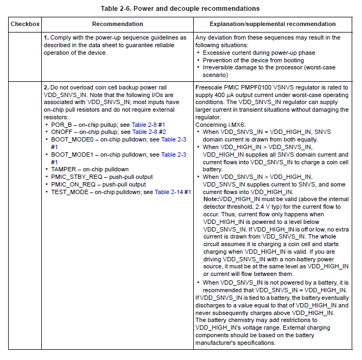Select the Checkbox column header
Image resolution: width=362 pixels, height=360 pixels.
[24, 24]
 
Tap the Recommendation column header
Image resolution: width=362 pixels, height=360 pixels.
[117, 24]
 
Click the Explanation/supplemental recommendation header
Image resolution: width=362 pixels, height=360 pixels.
[272, 24]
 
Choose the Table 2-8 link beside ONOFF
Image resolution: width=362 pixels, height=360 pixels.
[146, 132]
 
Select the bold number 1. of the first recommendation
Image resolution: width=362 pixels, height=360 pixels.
[47, 38]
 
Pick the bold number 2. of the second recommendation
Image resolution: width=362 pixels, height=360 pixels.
[47, 87]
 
